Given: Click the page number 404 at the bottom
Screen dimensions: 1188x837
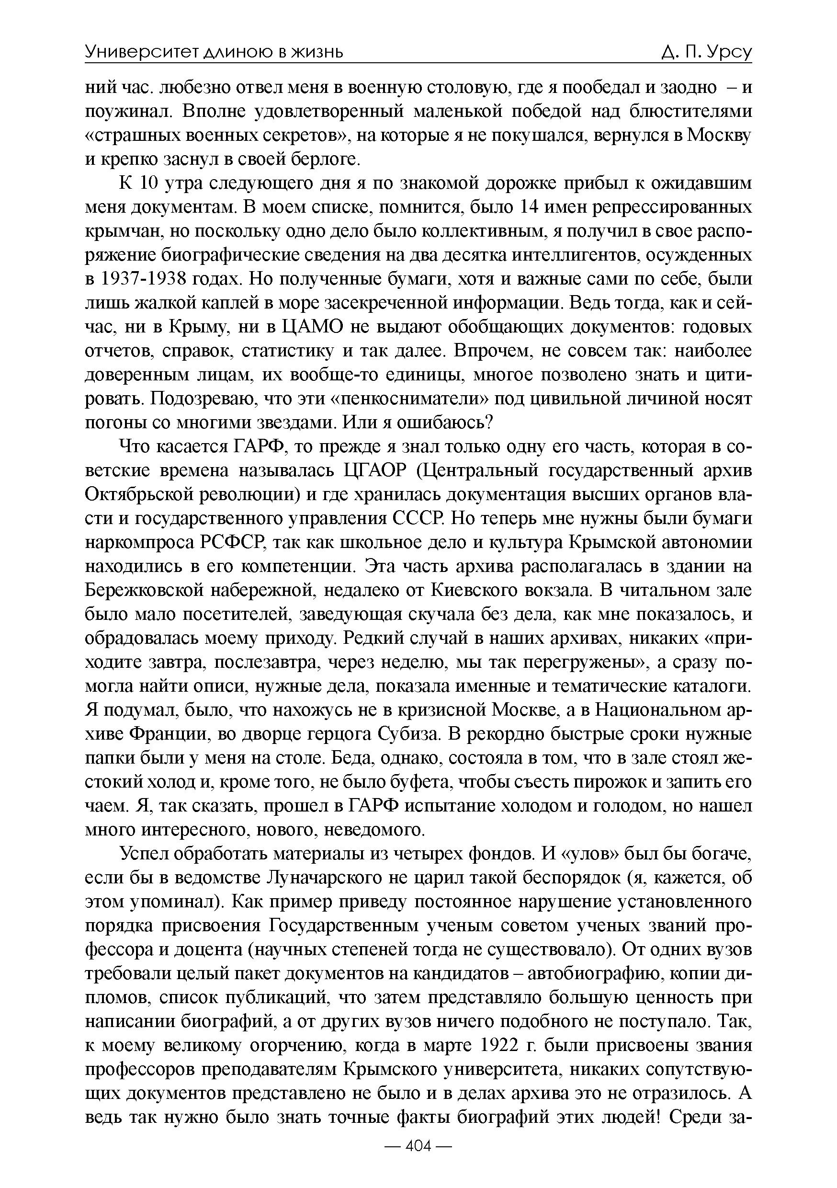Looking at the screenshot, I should point(418,1161).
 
